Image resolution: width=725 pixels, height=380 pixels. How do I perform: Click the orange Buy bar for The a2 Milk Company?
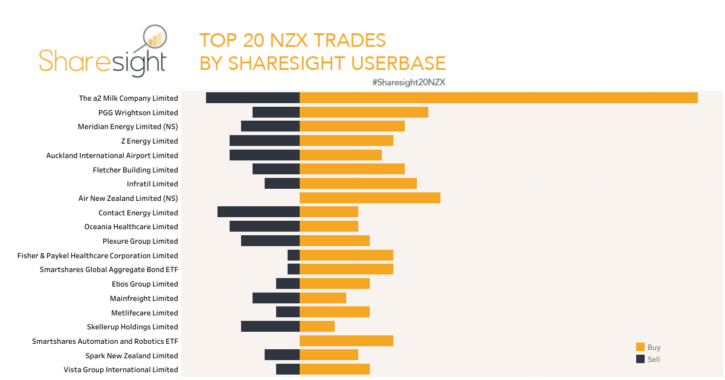tap(498, 98)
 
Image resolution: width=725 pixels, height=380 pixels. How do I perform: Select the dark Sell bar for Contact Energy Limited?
tap(259, 212)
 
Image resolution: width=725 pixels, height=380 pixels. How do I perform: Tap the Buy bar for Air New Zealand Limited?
tap(370, 198)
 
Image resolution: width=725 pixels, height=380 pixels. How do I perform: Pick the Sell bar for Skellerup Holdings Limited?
tap(270, 326)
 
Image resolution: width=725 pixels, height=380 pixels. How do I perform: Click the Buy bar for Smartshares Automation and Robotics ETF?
tap(346, 341)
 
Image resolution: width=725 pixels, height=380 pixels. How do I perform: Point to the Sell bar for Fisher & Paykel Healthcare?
tap(294, 255)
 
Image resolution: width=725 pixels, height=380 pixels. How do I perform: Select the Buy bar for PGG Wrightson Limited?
tap(364, 112)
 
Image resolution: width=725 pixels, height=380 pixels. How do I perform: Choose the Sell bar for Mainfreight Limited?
tap(276, 298)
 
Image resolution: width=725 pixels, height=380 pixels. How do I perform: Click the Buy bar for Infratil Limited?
tap(358, 183)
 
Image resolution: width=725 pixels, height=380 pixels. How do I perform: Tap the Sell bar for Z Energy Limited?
tap(265, 141)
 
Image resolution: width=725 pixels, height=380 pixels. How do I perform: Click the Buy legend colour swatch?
tap(640, 347)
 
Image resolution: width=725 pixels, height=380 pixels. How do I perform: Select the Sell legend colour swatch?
tap(640, 359)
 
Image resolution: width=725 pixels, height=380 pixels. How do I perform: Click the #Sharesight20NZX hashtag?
tap(408, 82)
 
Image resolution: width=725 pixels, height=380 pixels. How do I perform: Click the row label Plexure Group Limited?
tap(140, 241)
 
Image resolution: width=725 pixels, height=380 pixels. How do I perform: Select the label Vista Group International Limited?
tap(121, 370)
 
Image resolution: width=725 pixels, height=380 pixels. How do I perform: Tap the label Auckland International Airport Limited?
tap(112, 156)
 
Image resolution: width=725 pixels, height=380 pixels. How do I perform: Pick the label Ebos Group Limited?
tap(145, 284)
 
